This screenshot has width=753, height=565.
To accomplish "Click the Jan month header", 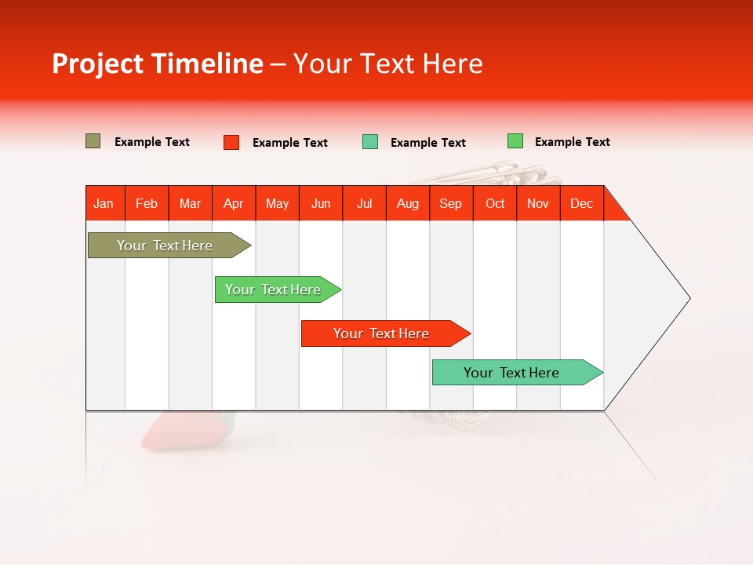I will click(104, 203).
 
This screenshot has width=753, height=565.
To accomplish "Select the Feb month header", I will click(147, 203).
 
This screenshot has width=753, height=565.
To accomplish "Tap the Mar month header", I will click(190, 203).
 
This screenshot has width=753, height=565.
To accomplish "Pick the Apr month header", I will click(234, 203).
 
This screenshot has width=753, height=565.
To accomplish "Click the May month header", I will click(277, 203).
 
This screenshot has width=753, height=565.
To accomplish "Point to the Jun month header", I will click(321, 203).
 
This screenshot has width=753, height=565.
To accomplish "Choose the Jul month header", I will click(364, 203).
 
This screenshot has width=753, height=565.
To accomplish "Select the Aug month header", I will click(408, 203).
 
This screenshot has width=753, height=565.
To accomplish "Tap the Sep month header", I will click(451, 203).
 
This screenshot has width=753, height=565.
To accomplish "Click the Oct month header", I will click(495, 203).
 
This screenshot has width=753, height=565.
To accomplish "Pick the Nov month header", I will click(538, 203).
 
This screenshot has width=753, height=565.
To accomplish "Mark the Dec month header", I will click(581, 203).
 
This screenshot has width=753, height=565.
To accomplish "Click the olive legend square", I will click(93, 141).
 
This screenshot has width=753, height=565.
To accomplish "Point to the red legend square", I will click(231, 142).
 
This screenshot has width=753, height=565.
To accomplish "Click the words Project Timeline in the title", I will click(158, 64).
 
